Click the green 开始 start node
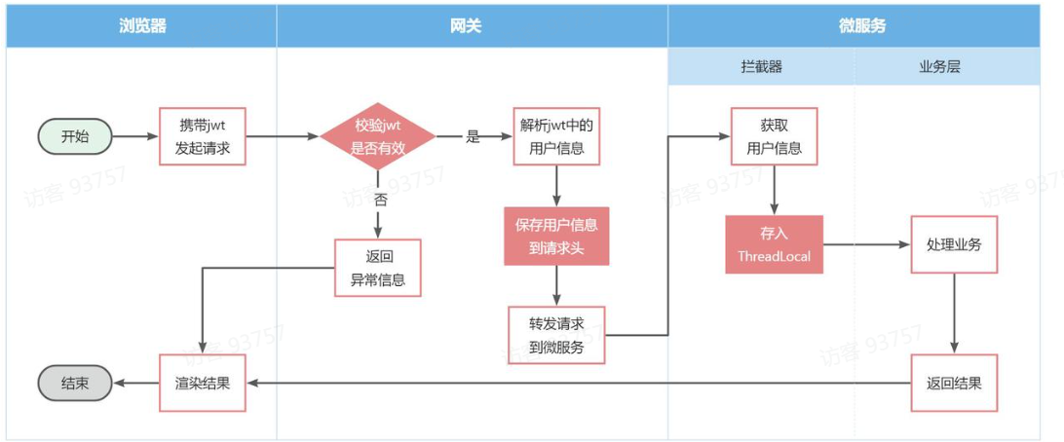tap(74, 136)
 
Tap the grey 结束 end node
tap(74, 383)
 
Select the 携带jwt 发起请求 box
tap(203, 136)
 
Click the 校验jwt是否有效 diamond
tap(377, 136)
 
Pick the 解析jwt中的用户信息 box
tap(555, 136)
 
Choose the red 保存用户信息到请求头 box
tap(555, 237)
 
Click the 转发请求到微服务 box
tap(555, 335)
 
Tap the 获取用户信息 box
tap(773, 136)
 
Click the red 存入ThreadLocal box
tap(774, 244)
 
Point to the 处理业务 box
tap(954, 243)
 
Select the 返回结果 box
tap(954, 383)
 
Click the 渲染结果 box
tap(203, 383)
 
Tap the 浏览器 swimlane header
tap(141, 26)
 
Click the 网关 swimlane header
tap(473, 26)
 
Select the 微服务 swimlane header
tap(862, 26)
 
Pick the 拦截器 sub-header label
tap(761, 67)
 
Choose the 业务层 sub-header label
tap(941, 67)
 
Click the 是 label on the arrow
tap(474, 137)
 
